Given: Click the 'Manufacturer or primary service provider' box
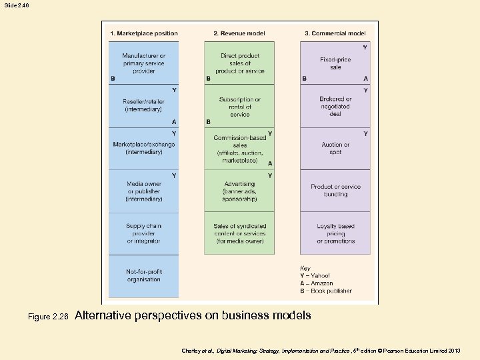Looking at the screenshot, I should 144,63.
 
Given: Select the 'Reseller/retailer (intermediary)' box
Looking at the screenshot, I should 144,105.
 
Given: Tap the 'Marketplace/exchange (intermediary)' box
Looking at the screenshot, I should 144,148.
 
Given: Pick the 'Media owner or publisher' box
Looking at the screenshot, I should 144,191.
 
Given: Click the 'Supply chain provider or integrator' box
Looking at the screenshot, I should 144,233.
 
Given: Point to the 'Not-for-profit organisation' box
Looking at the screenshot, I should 144,275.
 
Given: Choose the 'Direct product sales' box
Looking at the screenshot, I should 239,63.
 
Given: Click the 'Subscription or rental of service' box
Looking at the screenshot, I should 239,107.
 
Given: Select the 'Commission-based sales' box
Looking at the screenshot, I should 239,149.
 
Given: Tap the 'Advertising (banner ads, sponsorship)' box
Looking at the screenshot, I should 239,191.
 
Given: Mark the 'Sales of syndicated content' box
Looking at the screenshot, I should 239,233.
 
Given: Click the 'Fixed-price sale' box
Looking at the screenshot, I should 335,63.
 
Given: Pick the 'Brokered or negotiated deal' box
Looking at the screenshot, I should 335,107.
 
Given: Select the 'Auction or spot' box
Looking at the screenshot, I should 335,148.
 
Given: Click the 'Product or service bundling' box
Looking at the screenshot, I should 335,191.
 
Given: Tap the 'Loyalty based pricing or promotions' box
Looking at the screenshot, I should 335,233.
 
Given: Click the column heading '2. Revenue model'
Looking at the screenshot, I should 238,33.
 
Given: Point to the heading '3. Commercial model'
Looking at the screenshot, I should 335,33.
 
